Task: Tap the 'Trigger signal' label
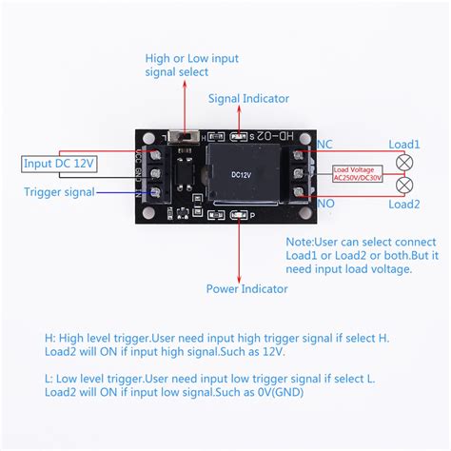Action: [58, 191]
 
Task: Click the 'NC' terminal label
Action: [324, 145]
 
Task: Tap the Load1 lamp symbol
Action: [403, 160]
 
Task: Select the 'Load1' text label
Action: [404, 145]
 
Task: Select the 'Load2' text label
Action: [404, 204]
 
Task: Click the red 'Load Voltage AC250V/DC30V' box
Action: [358, 171]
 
